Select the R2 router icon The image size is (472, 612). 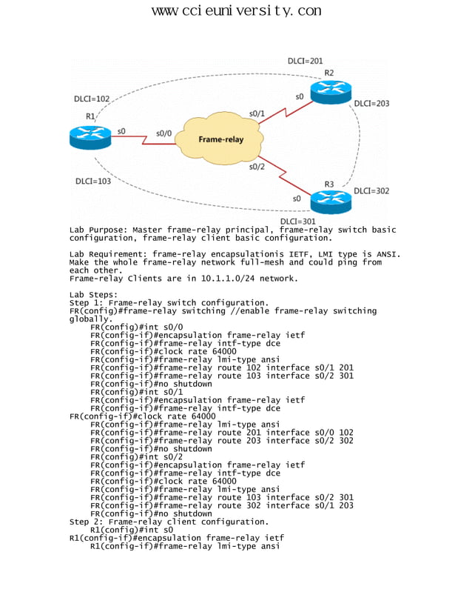tap(329, 92)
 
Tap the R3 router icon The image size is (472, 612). tap(330, 200)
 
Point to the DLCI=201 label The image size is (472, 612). tap(305, 61)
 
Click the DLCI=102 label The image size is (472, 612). tap(92, 99)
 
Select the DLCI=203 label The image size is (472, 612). tap(371, 104)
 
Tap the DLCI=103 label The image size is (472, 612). tap(93, 181)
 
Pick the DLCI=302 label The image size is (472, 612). tap(371, 190)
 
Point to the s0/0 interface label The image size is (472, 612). tap(163, 133)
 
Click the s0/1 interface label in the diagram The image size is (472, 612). tap(257, 113)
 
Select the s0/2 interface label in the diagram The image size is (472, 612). tap(256, 167)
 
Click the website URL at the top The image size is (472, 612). tap(236, 10)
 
